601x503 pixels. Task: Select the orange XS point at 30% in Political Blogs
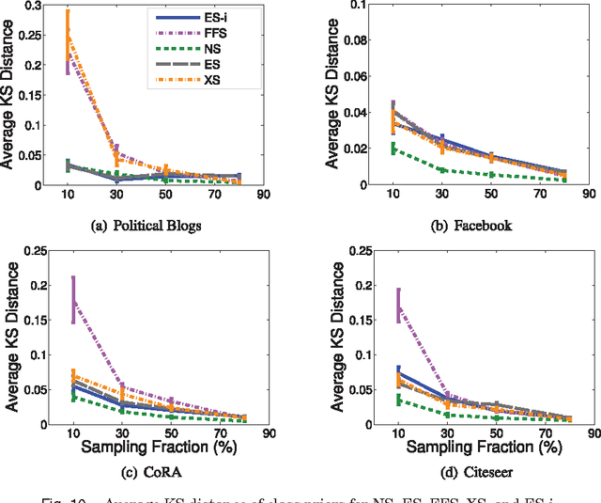(116, 159)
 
